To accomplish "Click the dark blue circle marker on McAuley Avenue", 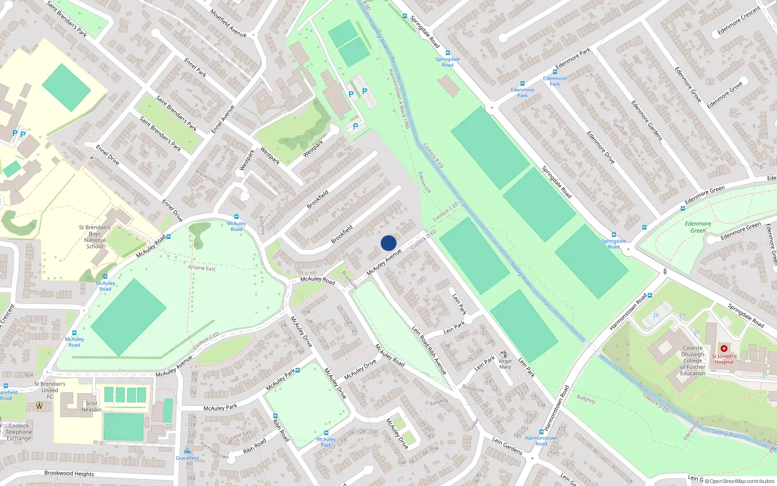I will (388, 243).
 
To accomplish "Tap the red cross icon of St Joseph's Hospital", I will (724, 348).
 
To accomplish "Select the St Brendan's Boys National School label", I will (95, 237).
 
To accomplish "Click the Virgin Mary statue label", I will (505, 364).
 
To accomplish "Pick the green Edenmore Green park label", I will (698, 227).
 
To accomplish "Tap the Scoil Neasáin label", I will (91, 406).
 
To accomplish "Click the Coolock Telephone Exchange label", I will (19, 432).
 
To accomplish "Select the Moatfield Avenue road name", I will (228, 23).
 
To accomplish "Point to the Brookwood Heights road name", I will (69, 473).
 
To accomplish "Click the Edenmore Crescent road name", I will (739, 20).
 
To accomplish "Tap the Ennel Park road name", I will (195, 68).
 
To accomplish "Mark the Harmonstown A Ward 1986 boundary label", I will (399, 99).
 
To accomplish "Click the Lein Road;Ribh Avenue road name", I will (429, 350).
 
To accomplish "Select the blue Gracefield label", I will (187, 458).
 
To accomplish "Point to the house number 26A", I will (305, 312).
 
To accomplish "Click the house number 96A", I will (29, 375).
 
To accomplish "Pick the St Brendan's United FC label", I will (50, 390).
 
